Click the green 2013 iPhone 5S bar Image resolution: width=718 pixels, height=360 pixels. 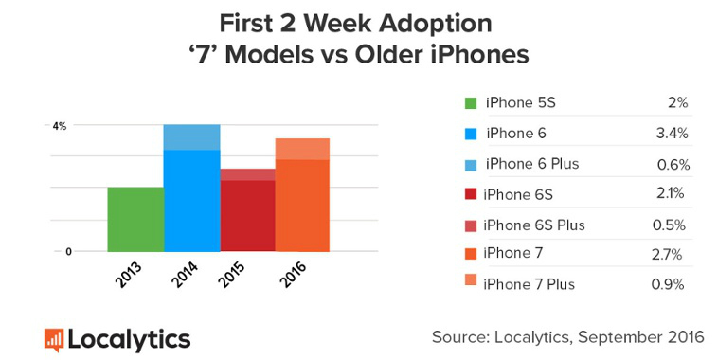[x=135, y=219]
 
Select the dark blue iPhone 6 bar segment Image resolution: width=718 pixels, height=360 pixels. [x=192, y=200]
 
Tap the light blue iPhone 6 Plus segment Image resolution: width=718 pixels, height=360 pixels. [x=192, y=136]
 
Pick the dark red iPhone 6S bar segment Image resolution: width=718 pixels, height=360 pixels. [x=248, y=215]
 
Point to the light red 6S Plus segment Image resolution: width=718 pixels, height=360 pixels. [x=248, y=174]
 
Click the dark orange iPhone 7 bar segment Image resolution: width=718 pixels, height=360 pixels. [x=302, y=205]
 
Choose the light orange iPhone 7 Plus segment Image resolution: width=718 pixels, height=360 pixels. [x=302, y=149]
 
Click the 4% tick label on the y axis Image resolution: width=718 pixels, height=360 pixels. [x=59, y=125]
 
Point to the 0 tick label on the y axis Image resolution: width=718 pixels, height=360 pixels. [x=68, y=251]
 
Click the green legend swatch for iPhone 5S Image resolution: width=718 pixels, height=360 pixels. [x=471, y=102]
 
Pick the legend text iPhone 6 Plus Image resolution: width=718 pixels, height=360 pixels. [x=531, y=164]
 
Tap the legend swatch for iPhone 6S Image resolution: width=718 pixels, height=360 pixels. [x=471, y=194]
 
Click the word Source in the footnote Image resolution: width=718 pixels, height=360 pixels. [x=456, y=336]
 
